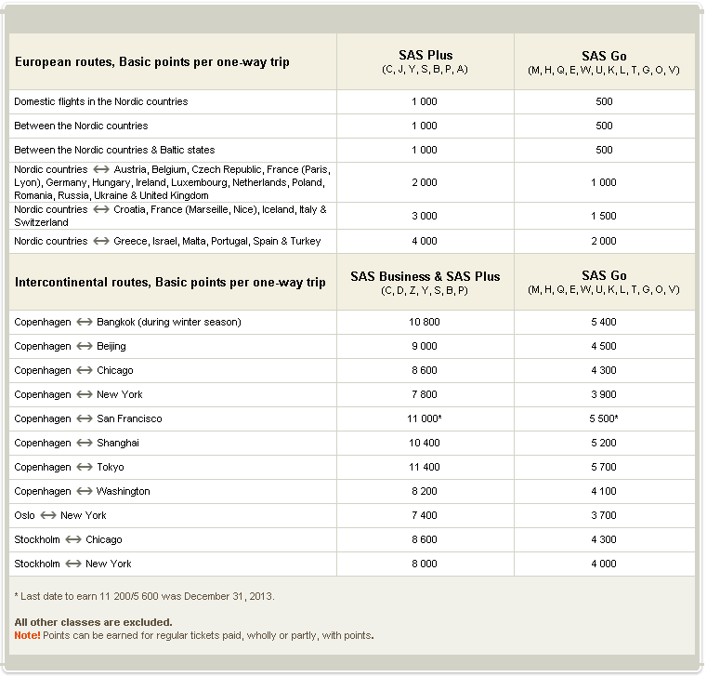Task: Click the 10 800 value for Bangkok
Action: (x=425, y=322)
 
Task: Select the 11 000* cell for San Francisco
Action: (x=426, y=418)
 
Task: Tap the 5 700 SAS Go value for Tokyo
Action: (x=604, y=467)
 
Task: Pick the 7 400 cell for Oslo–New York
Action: (x=425, y=515)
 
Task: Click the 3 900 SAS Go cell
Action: (x=604, y=394)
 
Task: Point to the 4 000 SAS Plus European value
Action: (x=425, y=241)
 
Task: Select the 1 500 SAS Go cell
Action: (x=604, y=216)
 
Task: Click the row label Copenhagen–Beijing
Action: (x=71, y=346)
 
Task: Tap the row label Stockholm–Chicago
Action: (x=68, y=539)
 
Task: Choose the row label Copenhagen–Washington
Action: (x=82, y=491)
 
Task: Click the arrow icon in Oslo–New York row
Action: (x=47, y=515)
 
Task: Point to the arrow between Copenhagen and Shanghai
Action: (x=84, y=443)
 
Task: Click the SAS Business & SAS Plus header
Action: (x=425, y=276)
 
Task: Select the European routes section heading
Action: (x=151, y=62)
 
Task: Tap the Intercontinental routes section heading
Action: (x=170, y=282)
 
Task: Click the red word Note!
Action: (x=27, y=635)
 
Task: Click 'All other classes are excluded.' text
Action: (x=93, y=622)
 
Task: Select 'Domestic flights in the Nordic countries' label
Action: (x=100, y=101)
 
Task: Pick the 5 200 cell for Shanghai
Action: (x=604, y=443)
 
